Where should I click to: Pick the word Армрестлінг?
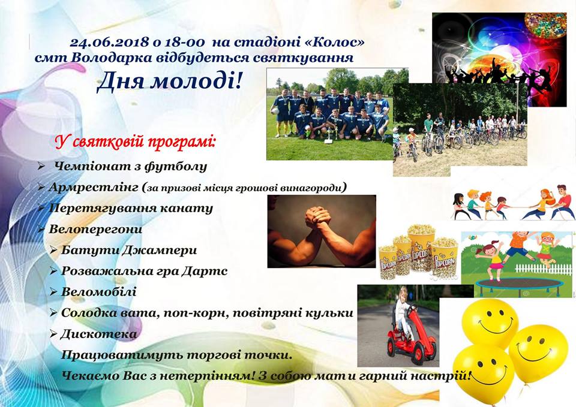click(93, 188)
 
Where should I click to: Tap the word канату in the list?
click(188, 208)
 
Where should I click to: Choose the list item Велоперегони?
click(95, 230)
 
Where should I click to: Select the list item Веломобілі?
click(98, 292)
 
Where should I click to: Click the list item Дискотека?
click(98, 334)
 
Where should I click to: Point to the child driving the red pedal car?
click(402, 310)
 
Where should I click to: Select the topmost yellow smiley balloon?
click(490, 323)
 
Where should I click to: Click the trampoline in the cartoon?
click(518, 285)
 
